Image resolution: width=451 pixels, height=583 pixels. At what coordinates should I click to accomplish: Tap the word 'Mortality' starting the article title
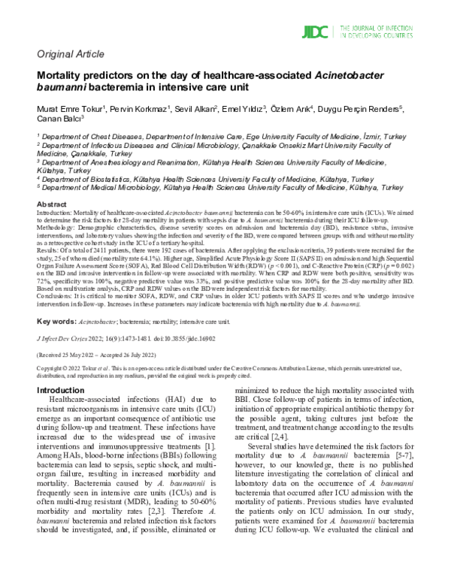[62, 76]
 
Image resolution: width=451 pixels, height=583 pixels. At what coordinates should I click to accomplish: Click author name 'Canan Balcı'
[58, 122]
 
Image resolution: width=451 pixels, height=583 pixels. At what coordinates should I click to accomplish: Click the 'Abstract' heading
[52, 204]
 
